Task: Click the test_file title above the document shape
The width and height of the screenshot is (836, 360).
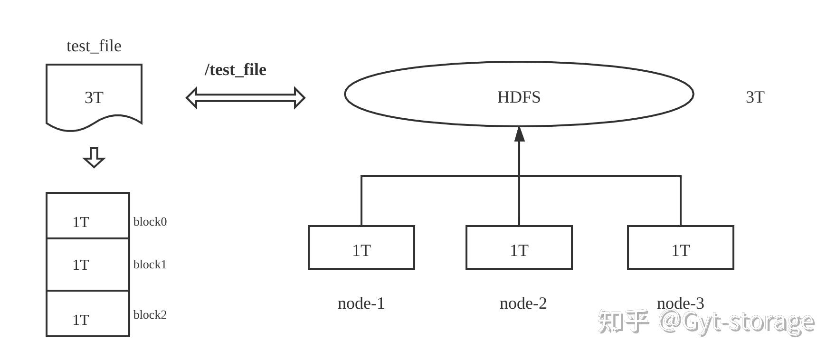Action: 94,46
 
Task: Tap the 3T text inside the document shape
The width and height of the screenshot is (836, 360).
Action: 94,97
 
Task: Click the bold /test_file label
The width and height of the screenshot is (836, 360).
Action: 235,70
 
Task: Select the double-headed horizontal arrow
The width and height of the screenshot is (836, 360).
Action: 245,98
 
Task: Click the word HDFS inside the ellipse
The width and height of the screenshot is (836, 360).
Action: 519,97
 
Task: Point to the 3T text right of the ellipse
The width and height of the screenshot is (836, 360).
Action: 755,97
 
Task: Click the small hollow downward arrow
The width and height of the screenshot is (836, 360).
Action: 94,158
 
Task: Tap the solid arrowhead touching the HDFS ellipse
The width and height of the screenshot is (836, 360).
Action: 519,134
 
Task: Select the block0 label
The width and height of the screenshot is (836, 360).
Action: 150,222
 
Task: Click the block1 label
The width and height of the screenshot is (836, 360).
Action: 150,265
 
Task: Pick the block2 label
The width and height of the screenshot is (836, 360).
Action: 150,315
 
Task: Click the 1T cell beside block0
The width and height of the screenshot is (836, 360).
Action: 87,216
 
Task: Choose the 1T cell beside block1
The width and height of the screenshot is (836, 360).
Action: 87,265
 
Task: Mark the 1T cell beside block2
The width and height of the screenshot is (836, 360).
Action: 87,314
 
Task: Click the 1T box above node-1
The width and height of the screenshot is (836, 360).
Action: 361,247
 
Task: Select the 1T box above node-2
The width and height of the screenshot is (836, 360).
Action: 519,247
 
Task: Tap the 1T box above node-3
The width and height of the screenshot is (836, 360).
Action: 680,247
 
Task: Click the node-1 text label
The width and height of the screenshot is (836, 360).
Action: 361,303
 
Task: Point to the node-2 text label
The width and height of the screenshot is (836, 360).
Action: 523,303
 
